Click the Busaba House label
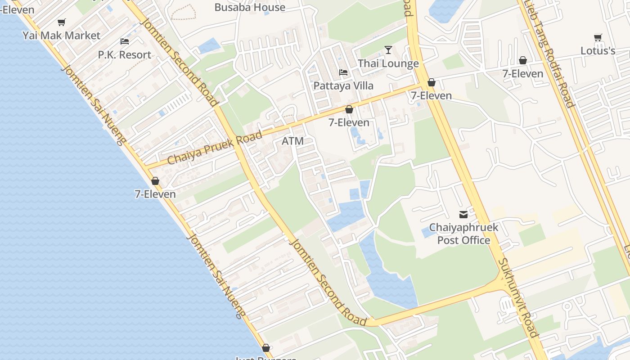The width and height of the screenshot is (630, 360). (250, 7)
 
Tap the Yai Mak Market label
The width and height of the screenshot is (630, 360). (61, 35)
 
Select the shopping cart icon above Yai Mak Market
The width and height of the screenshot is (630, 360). (62, 22)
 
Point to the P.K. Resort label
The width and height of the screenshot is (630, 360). (125, 55)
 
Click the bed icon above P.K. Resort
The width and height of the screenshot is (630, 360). (125, 41)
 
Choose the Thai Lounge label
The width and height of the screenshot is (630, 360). (388, 63)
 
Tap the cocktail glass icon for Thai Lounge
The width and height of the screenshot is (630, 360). (388, 49)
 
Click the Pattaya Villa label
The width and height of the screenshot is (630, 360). (343, 85)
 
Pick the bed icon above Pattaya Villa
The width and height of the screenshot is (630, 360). (343, 72)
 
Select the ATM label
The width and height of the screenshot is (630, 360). (292, 141)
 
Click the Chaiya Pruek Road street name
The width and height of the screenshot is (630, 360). (215, 148)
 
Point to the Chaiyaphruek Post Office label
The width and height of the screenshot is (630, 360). (463, 234)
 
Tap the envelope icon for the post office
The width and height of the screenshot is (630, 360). (463, 215)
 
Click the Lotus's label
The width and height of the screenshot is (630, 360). (598, 50)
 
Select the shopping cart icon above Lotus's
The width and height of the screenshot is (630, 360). (598, 37)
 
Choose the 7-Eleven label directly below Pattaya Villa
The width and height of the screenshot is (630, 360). (349, 122)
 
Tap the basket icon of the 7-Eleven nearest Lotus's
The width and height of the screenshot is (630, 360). (523, 60)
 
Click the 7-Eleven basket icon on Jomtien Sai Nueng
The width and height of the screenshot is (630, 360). (155, 181)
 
